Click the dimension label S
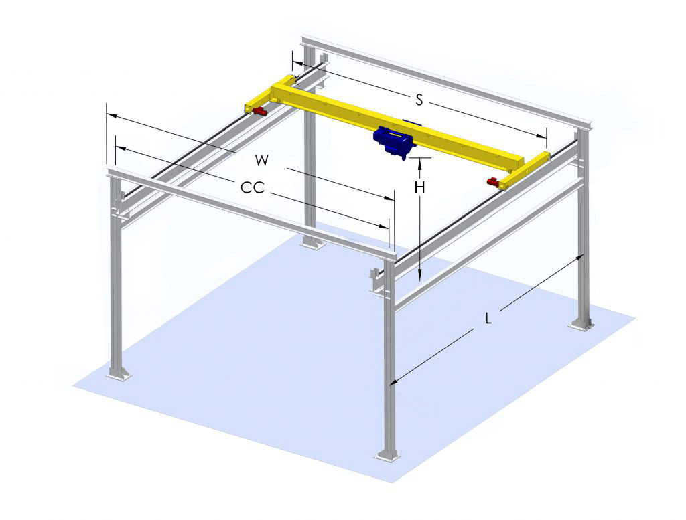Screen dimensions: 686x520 [x=419, y=100]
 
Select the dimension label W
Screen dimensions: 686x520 [x=262, y=160]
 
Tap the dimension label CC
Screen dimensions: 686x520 [x=253, y=187]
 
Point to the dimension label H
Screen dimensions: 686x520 [x=419, y=187]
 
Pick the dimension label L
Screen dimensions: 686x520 [x=488, y=318]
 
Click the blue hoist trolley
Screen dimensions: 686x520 [x=393, y=140]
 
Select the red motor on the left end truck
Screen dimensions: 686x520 [x=259, y=111]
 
